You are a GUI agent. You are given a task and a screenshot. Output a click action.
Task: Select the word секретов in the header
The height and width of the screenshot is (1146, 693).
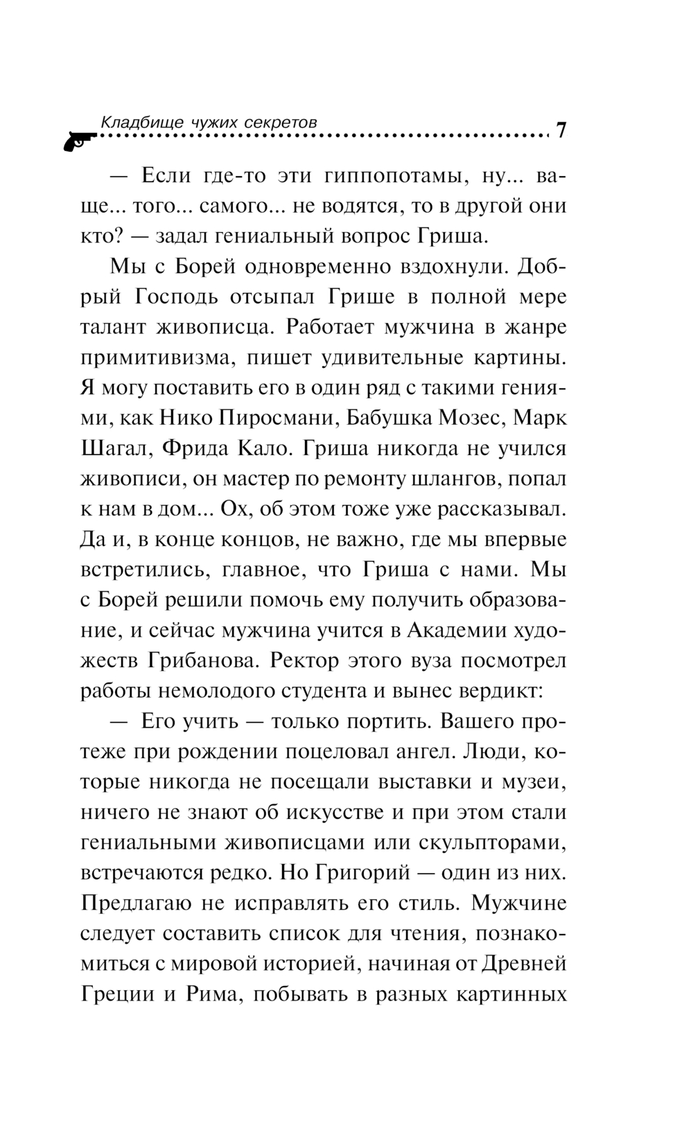pos(283,121)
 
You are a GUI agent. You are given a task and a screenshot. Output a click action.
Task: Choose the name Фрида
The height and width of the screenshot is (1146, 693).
pos(195,448)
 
